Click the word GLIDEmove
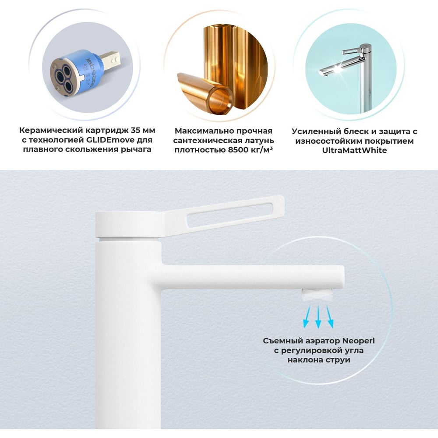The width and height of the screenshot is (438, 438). click(x=100, y=140)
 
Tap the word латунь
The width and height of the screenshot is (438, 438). click(x=258, y=141)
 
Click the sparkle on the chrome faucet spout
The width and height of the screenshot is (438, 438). click(x=338, y=68)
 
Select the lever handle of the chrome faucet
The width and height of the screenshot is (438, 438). click(x=353, y=51)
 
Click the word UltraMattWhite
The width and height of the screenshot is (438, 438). click(x=354, y=150)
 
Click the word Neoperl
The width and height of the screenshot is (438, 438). click(x=358, y=341)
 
